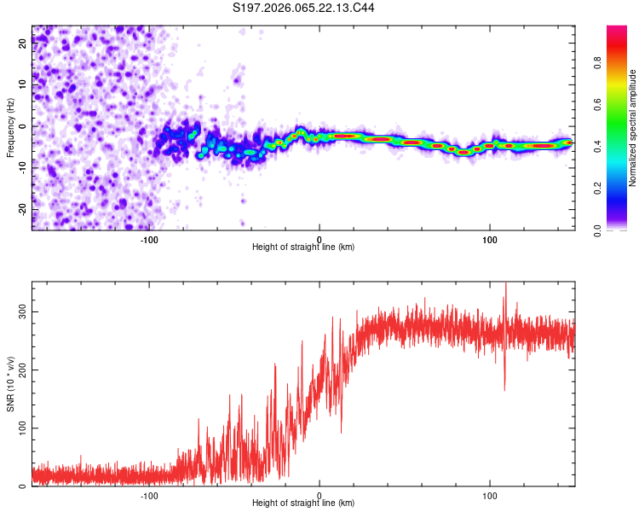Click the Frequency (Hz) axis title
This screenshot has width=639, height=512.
pos(9,128)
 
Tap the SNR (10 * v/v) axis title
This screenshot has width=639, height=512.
pos(9,383)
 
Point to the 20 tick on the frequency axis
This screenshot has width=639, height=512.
pos(22,45)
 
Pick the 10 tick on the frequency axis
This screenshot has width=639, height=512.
pos(22,86)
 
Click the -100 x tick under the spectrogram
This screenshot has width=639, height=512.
pos(150,239)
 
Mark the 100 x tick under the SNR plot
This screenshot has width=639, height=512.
pos(490,496)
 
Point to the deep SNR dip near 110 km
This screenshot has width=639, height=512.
pos(504,389)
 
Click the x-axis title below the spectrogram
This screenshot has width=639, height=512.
pos(303,247)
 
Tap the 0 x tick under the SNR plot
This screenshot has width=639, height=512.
pos(319,496)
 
